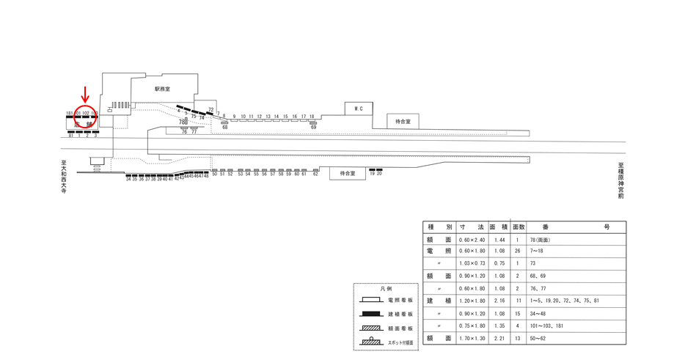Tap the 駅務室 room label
click(x=162, y=89)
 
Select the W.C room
click(x=359, y=109)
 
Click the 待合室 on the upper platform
click(x=403, y=122)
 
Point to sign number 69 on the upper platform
click(x=313, y=128)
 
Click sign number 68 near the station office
click(x=224, y=128)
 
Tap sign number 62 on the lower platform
click(x=316, y=174)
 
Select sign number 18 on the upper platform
click(x=312, y=117)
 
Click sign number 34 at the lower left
click(x=128, y=180)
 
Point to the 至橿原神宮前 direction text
click(x=620, y=180)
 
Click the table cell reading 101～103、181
click(x=550, y=326)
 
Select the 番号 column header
click(x=576, y=227)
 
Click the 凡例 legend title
click(x=386, y=289)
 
